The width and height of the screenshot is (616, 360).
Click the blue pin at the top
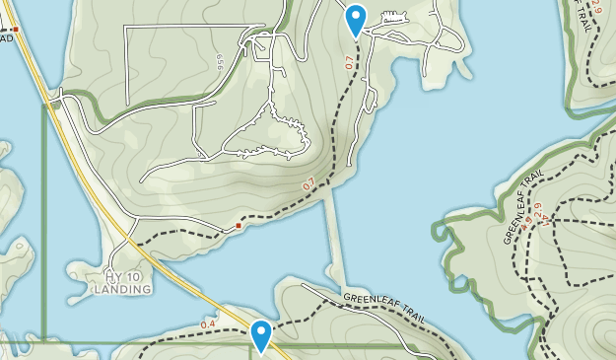[355, 19]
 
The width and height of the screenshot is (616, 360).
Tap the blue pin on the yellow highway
[261, 334]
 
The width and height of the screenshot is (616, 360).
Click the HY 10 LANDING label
[123, 282]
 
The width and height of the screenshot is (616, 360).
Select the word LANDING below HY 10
[123, 290]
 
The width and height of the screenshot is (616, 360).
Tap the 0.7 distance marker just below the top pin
[349, 62]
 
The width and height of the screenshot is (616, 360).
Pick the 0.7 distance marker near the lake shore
[308, 183]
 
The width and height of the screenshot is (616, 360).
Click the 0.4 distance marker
[208, 324]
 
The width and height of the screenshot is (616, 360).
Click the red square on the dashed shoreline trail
[239, 227]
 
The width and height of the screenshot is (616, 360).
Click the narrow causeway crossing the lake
[336, 237]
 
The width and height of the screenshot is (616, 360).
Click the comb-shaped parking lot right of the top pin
[393, 21]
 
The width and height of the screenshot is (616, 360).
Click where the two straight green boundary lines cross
[43, 344]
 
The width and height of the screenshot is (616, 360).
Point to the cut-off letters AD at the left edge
[6, 38]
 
